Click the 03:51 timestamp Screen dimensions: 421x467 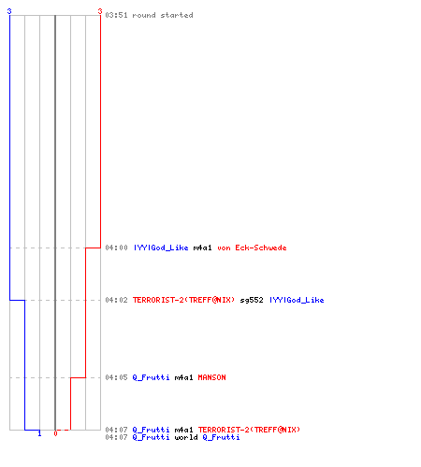click(116, 15)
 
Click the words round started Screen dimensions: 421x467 click(163, 15)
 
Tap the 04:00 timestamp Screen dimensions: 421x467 click(116, 248)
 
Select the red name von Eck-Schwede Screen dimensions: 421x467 click(252, 248)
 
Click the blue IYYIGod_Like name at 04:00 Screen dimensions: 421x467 click(161, 248)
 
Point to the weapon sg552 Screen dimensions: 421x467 click(252, 300)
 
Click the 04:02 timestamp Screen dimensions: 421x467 click(116, 300)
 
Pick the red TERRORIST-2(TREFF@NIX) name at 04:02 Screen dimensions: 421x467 click(183, 300)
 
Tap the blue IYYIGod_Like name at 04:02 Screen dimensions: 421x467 click(297, 300)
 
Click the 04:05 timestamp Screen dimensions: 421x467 click(116, 377)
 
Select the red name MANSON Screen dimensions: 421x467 click(211, 377)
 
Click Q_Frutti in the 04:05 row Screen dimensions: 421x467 click(151, 377)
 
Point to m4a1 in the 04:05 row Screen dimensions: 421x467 click(183, 377)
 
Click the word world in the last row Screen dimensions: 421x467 click(186, 437)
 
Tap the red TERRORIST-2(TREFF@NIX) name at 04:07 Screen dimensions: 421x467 click(249, 430)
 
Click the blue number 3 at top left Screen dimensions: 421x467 click(9, 11)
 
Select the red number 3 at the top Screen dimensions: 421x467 click(100, 11)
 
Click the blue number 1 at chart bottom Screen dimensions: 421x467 click(39, 433)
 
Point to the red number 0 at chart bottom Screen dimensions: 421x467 click(55, 433)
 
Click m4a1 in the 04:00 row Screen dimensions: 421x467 click(202, 248)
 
